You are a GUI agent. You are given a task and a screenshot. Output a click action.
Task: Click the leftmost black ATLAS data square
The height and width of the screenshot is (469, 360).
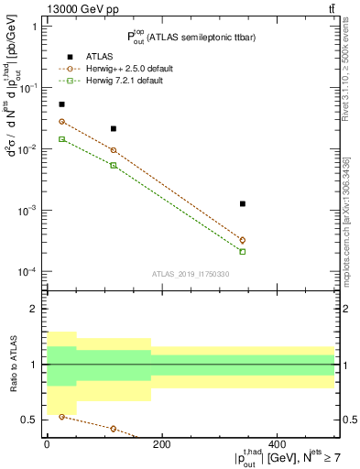coord(61,104)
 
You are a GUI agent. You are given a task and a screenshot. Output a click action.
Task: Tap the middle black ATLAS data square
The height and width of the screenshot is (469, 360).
coord(114,129)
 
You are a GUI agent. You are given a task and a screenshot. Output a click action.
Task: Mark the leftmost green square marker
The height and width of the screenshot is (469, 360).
coord(61,139)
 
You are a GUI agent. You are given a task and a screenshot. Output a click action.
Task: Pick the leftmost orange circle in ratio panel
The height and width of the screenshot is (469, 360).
coord(61,417)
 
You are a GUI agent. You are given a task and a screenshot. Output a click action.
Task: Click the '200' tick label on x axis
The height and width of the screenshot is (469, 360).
coord(161,443)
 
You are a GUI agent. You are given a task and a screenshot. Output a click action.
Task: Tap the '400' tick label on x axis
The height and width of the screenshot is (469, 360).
coord(277,443)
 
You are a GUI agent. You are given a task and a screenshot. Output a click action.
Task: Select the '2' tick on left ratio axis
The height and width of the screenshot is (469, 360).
coord(34,310)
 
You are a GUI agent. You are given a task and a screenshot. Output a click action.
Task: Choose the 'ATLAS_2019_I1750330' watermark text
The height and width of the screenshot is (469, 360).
coord(191,274)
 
